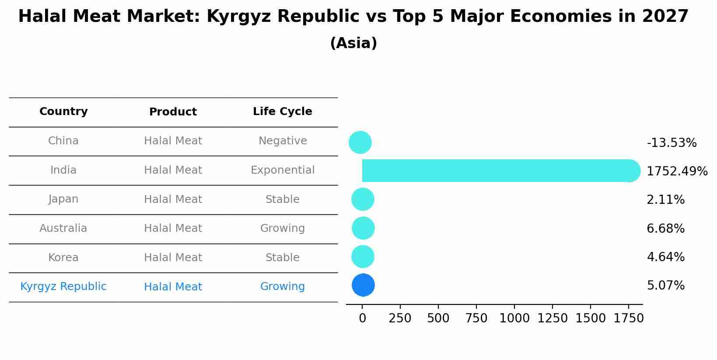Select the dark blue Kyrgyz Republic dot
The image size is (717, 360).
click(363, 285)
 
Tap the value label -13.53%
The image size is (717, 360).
click(672, 143)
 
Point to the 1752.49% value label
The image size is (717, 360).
click(677, 171)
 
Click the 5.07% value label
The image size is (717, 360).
click(665, 286)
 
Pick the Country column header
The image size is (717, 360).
click(63, 112)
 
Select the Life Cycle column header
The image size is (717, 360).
click(282, 112)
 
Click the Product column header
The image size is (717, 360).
click(173, 112)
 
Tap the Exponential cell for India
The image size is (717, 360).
click(282, 170)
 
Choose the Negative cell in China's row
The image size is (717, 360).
click(282, 141)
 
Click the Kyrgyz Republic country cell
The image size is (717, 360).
click(63, 287)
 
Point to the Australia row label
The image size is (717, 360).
click(63, 228)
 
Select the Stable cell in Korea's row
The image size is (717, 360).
click(282, 258)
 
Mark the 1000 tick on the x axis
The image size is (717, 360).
click(514, 318)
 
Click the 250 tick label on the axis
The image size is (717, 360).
click(400, 318)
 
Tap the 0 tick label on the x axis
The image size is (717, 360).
click(362, 318)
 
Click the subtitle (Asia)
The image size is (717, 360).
click(353, 43)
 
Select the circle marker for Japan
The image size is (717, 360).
click(363, 199)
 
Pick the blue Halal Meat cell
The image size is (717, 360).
click(173, 287)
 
